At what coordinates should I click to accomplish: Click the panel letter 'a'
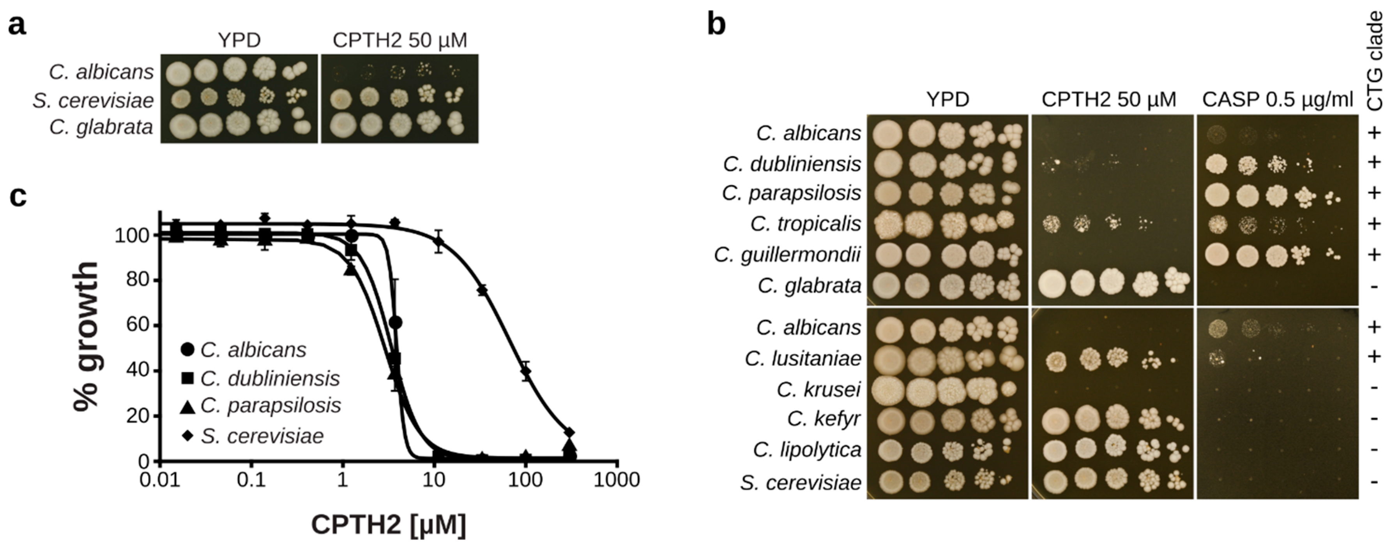(x=17, y=25)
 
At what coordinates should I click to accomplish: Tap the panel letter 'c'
(x=18, y=197)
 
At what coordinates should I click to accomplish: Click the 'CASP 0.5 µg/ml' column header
(x=1277, y=100)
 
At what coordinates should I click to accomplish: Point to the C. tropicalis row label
(x=805, y=224)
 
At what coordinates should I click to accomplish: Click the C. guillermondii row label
(x=787, y=254)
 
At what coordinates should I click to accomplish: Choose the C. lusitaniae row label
(x=802, y=358)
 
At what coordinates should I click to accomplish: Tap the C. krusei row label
(x=818, y=389)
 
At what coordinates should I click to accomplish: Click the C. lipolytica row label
(x=807, y=450)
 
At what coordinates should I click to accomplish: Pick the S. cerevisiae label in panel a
(x=93, y=100)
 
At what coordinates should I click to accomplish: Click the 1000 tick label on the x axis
(x=617, y=479)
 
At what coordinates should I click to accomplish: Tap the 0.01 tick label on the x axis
(x=160, y=479)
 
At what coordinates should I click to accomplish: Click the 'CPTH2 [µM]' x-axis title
(x=388, y=524)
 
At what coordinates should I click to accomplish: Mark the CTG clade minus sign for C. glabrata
(x=1375, y=286)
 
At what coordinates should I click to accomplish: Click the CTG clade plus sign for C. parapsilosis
(x=1375, y=193)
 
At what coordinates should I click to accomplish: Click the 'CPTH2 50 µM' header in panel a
(x=399, y=40)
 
